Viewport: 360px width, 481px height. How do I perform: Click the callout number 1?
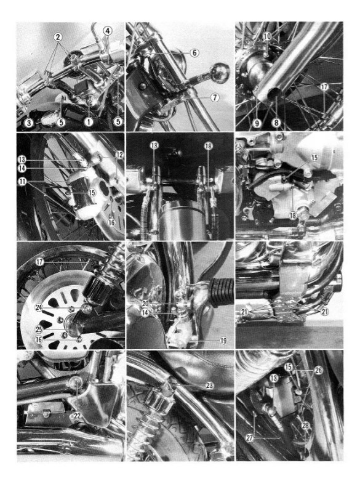tap(90, 121)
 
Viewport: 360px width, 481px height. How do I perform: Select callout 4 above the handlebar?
tap(108, 30)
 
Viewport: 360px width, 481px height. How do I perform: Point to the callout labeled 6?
tap(194, 53)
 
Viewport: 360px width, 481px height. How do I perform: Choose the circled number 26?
tap(318, 370)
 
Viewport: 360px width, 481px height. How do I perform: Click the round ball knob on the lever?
tap(220, 73)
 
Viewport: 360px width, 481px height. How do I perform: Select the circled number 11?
tap(23, 183)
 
